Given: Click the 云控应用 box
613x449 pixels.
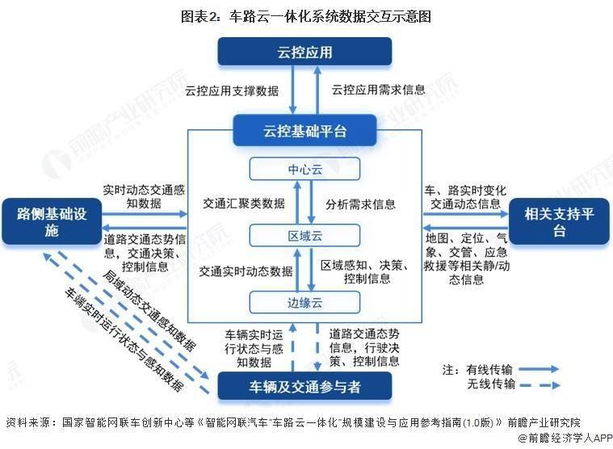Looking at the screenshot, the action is pos(304,52).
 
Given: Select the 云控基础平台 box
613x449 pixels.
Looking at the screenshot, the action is pos(304,131).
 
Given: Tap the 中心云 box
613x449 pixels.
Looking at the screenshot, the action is pos(304,169).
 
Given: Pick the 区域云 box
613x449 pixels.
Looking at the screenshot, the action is pos(304,235).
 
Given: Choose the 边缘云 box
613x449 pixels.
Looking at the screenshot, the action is pos(304,302).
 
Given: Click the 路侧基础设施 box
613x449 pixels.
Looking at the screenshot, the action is pos(52,221).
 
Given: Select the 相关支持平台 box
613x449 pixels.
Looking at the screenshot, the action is pos(559,221).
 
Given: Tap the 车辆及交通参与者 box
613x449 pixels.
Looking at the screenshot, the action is pos(304,386).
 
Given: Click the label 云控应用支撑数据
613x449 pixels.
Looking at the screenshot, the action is pos(232,90).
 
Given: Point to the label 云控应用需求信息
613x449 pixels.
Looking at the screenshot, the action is pos(378,90).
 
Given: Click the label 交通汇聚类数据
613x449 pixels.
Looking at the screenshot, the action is pos(244,204).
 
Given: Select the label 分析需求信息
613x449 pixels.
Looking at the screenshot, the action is pos(360,204).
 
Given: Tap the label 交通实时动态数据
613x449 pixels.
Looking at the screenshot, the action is pos(246,271).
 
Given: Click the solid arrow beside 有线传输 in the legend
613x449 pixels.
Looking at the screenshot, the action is pos(539,369).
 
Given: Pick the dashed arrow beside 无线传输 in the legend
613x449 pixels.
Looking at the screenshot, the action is pos(540,385).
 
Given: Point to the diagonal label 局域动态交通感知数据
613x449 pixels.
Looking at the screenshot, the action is pos(149,309).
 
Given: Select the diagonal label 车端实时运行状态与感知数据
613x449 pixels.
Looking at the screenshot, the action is pos(124,339).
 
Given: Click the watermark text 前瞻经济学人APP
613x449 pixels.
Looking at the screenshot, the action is pos(565,439).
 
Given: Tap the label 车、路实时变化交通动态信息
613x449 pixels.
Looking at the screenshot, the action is pos(465,197).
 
